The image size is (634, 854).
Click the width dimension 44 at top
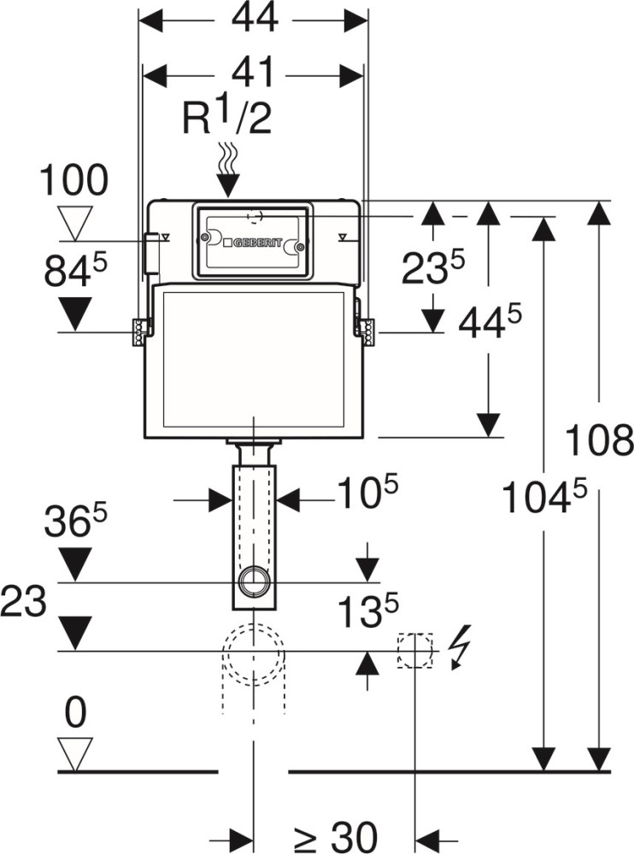click(x=254, y=19)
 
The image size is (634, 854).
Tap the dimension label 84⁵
click(x=76, y=272)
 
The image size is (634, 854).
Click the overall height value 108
click(x=600, y=442)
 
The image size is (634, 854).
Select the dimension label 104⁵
click(x=544, y=497)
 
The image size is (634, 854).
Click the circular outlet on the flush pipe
click(x=254, y=583)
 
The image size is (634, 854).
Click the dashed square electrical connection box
click(x=415, y=651)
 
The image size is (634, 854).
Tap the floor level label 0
click(x=75, y=714)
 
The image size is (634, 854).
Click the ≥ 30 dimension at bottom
click(x=333, y=836)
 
